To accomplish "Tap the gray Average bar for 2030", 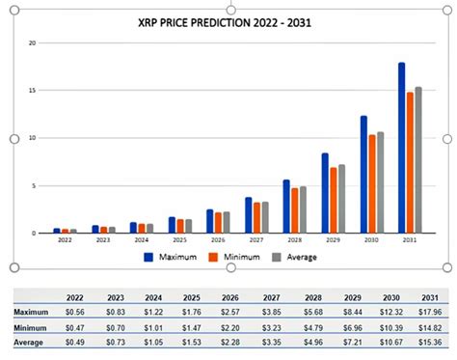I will pyautogui.click(x=381, y=182).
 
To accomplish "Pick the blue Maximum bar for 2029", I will pyautogui.click(x=325, y=193).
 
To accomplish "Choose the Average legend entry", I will pyautogui.click(x=293, y=257).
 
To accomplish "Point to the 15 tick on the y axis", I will pyautogui.click(x=32, y=91).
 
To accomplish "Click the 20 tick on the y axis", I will pyautogui.click(x=32, y=43).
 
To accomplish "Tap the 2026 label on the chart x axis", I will pyautogui.click(x=218, y=240).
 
